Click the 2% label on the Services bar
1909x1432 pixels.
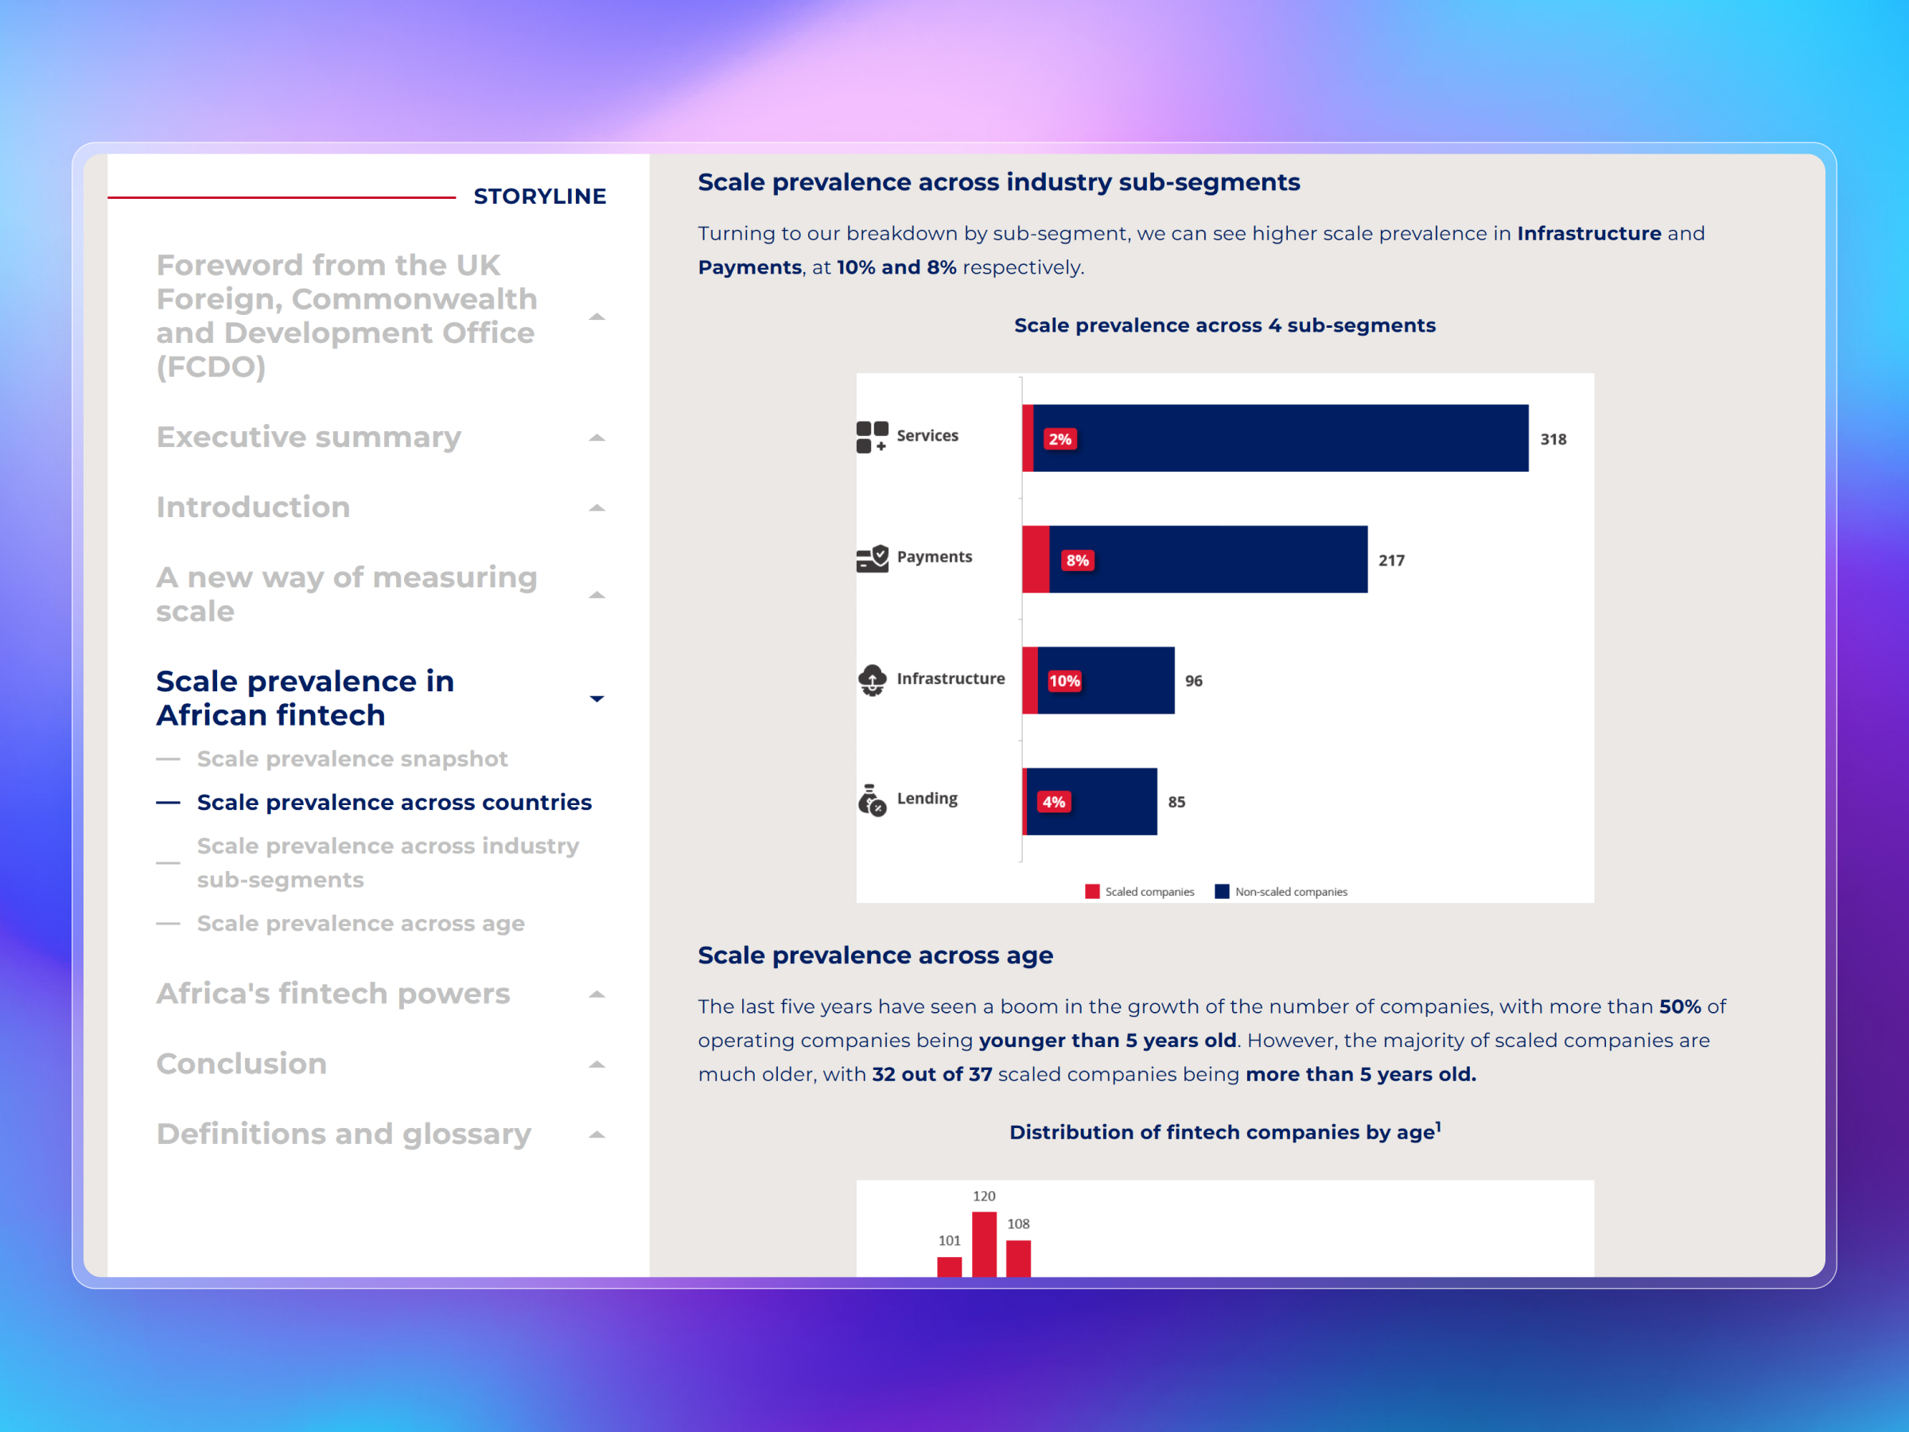1059,439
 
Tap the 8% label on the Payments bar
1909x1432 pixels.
1077,560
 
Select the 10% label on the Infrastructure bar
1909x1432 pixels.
1064,681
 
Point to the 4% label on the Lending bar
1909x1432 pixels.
1053,802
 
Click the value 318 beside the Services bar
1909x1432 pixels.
1553,439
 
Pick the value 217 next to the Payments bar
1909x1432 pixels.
1391,560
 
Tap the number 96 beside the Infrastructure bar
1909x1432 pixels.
1194,681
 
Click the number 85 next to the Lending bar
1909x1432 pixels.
1176,802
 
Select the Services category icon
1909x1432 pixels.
872,437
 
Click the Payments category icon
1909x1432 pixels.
872,558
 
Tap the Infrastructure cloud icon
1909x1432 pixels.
872,679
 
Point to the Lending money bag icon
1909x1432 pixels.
872,800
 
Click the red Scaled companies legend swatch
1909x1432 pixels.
1092,892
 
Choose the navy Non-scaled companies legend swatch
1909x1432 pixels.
1221,892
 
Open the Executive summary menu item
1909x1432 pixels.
309,438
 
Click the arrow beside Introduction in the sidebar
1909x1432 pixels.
597,508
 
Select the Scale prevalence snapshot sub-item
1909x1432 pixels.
352,759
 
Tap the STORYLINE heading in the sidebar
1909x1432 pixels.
539,197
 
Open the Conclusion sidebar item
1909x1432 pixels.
242,1064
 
